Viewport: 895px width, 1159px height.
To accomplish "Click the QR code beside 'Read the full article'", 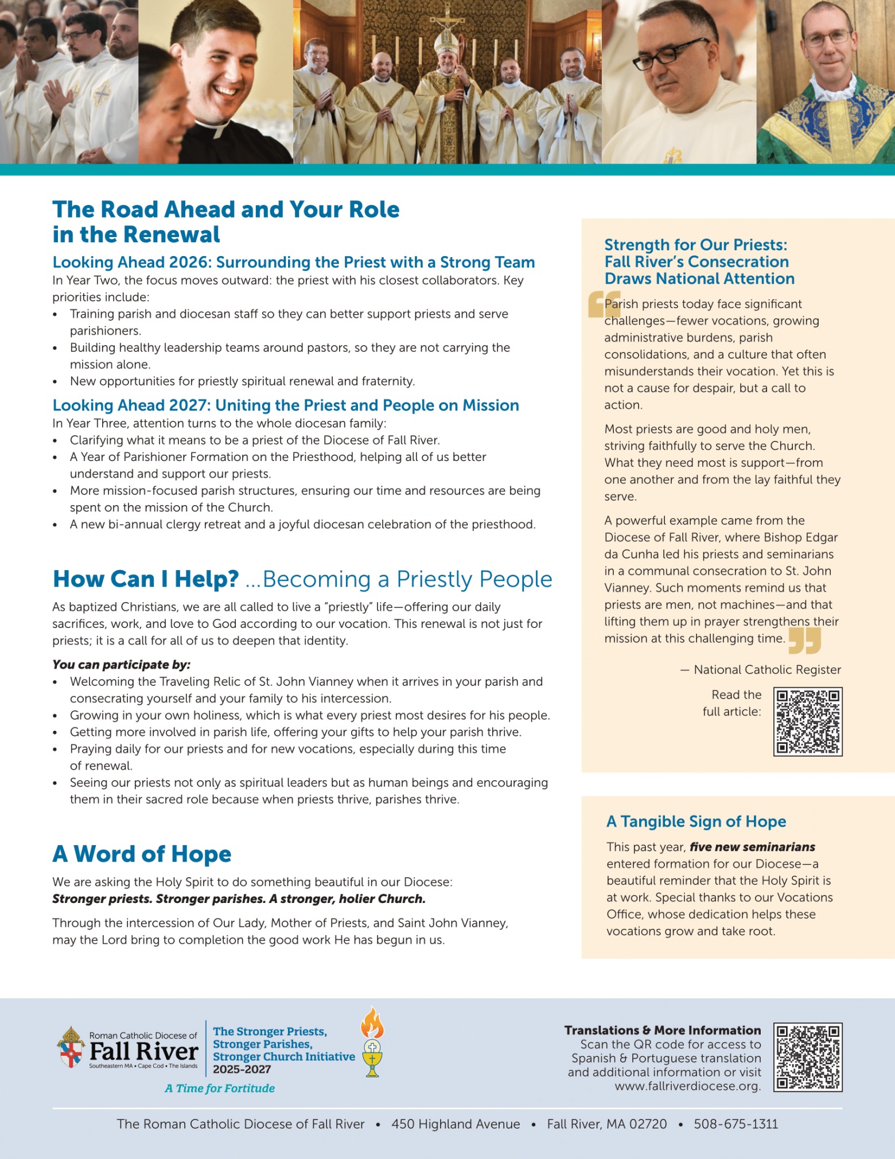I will click(x=808, y=722).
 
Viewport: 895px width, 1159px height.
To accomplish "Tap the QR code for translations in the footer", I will click(x=808, y=1057).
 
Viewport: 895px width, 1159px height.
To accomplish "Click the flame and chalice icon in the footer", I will click(x=372, y=1042).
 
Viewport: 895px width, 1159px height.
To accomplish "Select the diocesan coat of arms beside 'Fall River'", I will click(x=71, y=1047).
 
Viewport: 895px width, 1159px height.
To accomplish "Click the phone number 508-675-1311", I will click(x=736, y=1124).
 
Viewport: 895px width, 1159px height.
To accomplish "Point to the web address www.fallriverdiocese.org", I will click(x=687, y=1086).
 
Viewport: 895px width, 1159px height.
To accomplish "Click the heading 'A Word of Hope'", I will click(x=142, y=854).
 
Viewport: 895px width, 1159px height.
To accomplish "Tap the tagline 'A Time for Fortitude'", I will click(x=220, y=1088).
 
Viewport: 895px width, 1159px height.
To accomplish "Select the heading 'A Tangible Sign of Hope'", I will click(x=696, y=821).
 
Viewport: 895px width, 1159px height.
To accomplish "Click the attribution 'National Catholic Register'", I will click(x=767, y=669).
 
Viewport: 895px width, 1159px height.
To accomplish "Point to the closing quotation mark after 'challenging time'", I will click(x=804, y=641).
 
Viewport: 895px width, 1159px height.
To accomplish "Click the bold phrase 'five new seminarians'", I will click(x=752, y=847).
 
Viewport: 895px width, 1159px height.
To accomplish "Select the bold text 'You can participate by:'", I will click(x=121, y=665).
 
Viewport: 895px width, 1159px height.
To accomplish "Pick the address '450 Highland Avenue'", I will click(x=456, y=1124).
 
